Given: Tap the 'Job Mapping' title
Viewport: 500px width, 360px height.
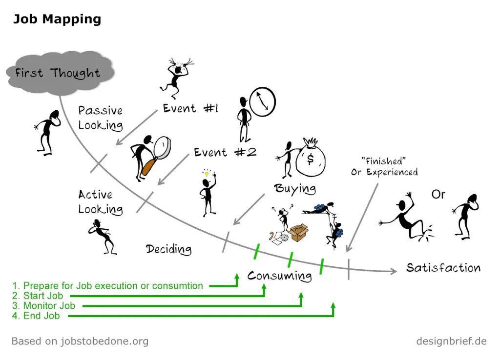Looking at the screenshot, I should click(57, 20).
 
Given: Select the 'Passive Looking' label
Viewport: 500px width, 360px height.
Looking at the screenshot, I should click(101, 118).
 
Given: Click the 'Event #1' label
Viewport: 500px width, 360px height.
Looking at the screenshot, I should click(190, 108).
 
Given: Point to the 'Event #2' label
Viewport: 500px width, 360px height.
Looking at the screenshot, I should click(225, 152).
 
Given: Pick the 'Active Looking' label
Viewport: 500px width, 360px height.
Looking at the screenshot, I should click(100, 202).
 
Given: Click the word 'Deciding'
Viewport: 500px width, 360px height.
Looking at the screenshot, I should click(169, 249).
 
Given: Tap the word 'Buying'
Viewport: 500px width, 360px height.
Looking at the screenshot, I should click(295, 188).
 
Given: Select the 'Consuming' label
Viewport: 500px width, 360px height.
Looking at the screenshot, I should click(279, 276).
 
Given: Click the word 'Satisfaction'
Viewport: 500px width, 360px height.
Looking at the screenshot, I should click(443, 268).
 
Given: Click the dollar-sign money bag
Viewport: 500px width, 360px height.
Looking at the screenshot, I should click(310, 158).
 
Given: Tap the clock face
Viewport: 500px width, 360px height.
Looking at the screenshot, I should click(262, 101).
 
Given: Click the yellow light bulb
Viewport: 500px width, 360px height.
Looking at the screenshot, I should click(207, 173).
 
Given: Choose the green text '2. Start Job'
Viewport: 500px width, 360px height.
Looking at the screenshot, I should click(39, 296).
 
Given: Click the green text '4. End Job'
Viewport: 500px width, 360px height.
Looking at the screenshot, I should click(36, 316).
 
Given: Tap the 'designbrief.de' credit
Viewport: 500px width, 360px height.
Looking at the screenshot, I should click(451, 341).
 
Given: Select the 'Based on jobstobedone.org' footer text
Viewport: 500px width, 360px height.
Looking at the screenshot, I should click(80, 341).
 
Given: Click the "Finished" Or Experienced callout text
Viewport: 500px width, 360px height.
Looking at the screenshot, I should click(384, 166).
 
